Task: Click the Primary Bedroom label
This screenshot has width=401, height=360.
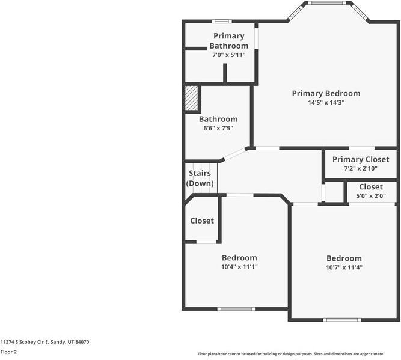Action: (x=326, y=94)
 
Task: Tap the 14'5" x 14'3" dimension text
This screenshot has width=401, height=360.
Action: (x=326, y=103)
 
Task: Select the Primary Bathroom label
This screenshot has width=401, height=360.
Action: (x=229, y=41)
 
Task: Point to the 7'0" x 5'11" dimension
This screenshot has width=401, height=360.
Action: (x=229, y=55)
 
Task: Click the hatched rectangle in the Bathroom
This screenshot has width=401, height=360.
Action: (x=192, y=98)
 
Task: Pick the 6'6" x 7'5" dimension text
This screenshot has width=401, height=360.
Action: (x=218, y=128)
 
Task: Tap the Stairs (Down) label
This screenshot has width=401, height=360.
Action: (x=200, y=178)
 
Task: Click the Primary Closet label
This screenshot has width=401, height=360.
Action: (x=361, y=160)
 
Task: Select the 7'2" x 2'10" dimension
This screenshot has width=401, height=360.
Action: (x=361, y=168)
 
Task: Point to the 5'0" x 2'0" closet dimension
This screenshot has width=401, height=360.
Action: (x=371, y=196)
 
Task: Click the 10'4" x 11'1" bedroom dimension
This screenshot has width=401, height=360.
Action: (x=239, y=267)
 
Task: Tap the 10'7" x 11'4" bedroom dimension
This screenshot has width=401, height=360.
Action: (x=344, y=267)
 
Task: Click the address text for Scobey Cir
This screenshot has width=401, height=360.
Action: (x=44, y=342)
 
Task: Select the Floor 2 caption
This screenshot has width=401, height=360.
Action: (x=8, y=352)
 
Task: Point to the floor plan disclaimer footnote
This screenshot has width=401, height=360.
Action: (x=291, y=354)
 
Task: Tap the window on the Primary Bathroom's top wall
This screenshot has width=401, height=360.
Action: (x=222, y=22)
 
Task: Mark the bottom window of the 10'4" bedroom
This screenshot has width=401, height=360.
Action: (x=236, y=309)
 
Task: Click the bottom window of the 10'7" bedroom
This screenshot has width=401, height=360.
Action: (x=341, y=320)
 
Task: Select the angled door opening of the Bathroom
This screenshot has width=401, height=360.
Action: (x=235, y=154)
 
